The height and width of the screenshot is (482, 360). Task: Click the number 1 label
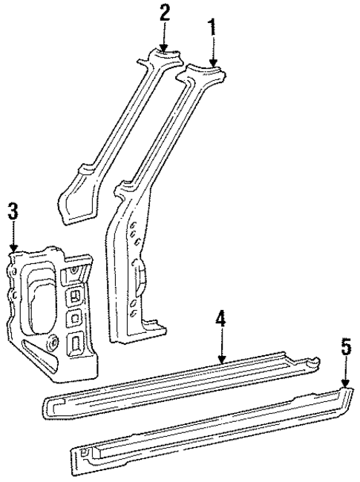pyautogui.click(x=213, y=29)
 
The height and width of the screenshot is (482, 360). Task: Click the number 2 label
pyautogui.click(x=164, y=13)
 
